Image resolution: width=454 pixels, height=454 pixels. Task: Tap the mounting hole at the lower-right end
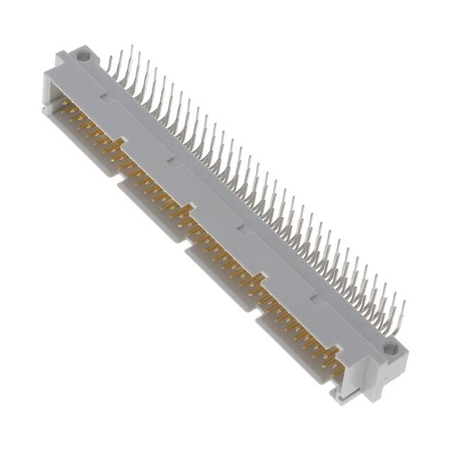coord(389,349)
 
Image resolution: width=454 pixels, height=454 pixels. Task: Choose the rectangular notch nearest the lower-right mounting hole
coord(309,293)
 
